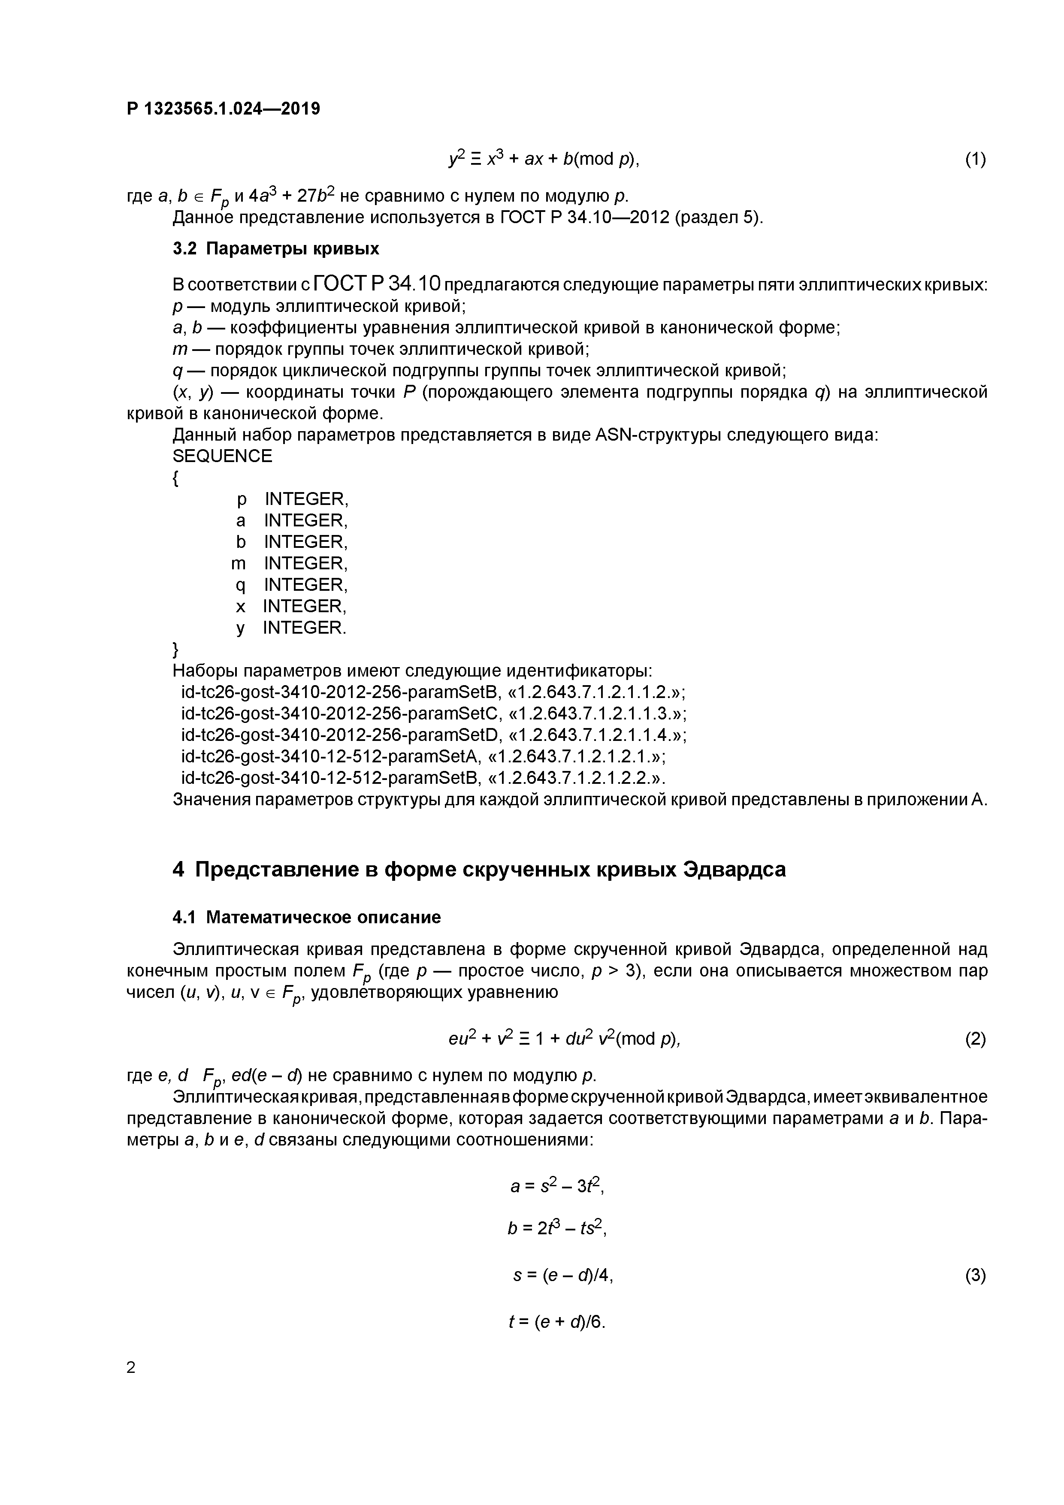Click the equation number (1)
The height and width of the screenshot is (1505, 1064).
[x=975, y=159]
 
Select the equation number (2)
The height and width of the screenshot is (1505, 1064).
[x=975, y=1039]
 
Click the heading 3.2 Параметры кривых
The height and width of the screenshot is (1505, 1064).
[x=275, y=249]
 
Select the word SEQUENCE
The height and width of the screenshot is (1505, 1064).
[x=222, y=456]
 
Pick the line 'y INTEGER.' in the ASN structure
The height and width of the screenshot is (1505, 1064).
[x=290, y=628]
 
